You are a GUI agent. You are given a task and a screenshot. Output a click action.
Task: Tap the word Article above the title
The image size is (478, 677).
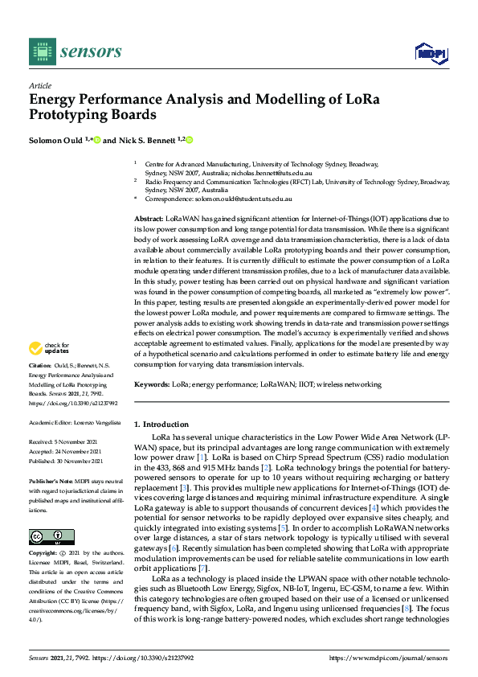39,86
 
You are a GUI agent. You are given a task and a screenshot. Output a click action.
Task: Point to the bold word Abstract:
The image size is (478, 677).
149,219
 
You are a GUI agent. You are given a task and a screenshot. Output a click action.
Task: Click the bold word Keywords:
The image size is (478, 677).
152,385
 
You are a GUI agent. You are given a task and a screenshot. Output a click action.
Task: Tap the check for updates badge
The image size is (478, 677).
47,348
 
